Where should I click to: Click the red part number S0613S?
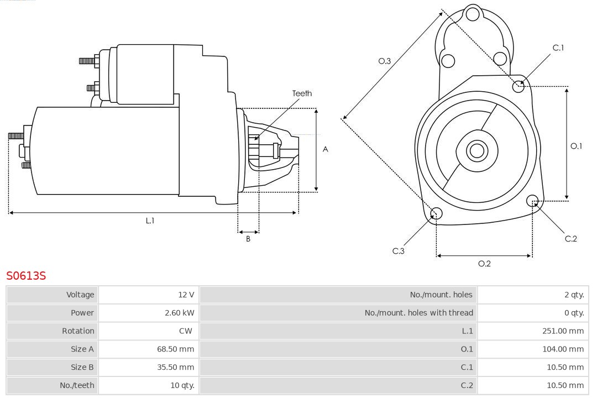(x=26, y=275)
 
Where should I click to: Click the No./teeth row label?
(x=77, y=385)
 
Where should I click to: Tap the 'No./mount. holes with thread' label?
(x=418, y=313)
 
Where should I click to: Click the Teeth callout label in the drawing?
(x=302, y=93)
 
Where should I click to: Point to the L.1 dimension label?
(x=150, y=221)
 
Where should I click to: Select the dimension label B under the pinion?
(x=248, y=239)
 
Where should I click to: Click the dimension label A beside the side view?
(x=326, y=149)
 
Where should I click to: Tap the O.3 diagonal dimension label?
(x=385, y=61)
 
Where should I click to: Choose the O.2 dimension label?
(x=484, y=264)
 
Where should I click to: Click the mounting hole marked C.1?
(x=519, y=86)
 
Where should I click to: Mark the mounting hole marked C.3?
(x=436, y=214)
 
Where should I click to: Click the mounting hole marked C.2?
(x=532, y=200)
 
